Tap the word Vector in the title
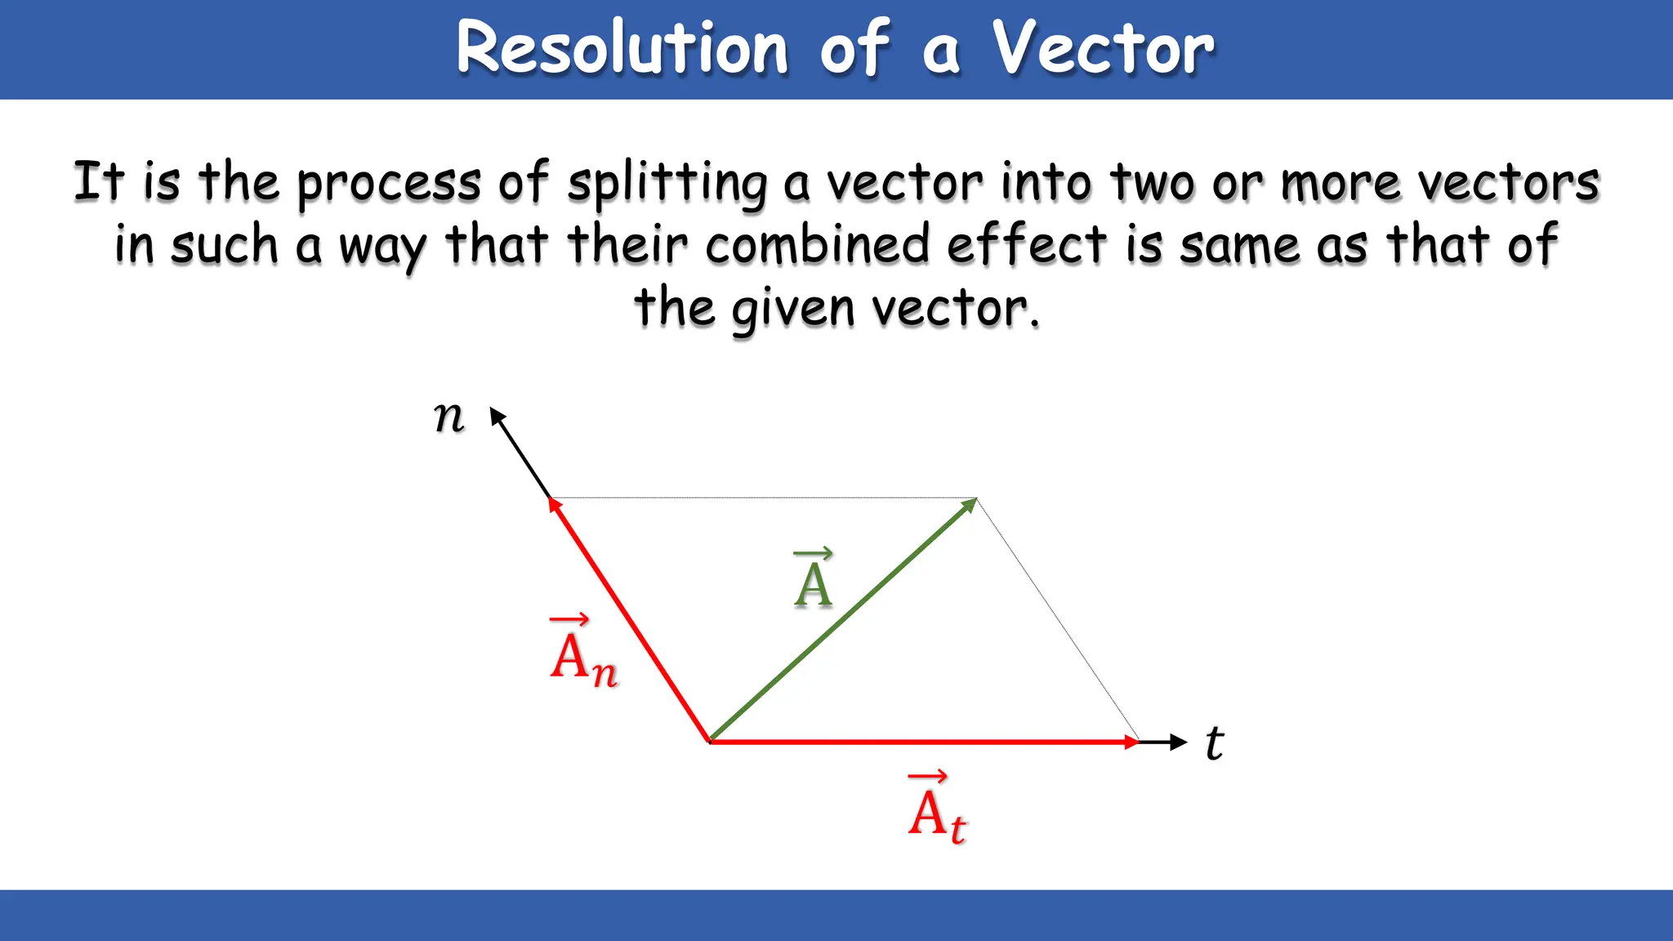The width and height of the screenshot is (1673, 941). tap(1103, 49)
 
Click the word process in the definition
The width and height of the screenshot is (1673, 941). tap(389, 183)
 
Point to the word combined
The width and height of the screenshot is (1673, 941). tap(817, 244)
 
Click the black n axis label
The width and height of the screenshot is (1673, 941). tap(448, 417)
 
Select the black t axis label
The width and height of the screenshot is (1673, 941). tap(1215, 743)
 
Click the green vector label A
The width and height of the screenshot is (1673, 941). tap(814, 580)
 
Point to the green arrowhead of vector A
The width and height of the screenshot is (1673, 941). tap(970, 505)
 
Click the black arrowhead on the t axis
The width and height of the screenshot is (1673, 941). tap(1178, 742)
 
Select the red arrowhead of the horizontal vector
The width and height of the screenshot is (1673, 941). tap(1131, 742)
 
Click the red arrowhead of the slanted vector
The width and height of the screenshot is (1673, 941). tap(555, 505)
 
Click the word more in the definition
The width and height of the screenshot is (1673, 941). tap(1341, 183)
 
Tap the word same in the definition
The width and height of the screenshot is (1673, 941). tap(1238, 244)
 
